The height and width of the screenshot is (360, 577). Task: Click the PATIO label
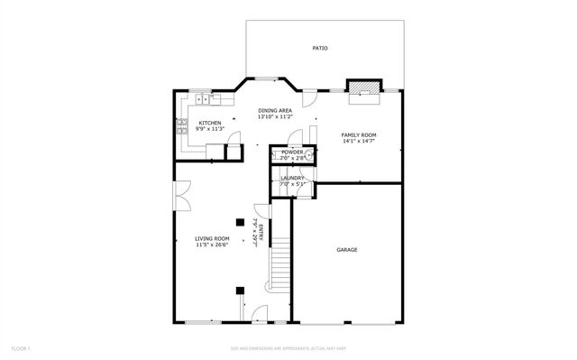click(x=320, y=48)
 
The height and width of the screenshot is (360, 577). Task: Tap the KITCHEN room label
click(x=210, y=123)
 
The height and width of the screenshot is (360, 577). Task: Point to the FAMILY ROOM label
click(x=359, y=134)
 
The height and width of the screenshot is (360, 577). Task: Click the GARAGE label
click(x=347, y=250)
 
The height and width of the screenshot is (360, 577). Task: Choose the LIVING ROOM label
click(x=213, y=238)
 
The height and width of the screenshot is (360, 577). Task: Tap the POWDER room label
click(x=291, y=152)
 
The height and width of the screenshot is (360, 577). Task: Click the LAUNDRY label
click(x=292, y=178)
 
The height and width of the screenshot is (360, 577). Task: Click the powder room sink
click(x=308, y=156)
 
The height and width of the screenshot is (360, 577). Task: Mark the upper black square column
click(x=240, y=221)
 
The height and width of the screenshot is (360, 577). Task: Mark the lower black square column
click(x=240, y=291)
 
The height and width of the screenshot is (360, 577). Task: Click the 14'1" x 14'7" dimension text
click(x=359, y=141)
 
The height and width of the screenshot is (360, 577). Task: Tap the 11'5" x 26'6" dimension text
click(x=213, y=245)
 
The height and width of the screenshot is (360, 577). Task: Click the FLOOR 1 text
click(x=21, y=347)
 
